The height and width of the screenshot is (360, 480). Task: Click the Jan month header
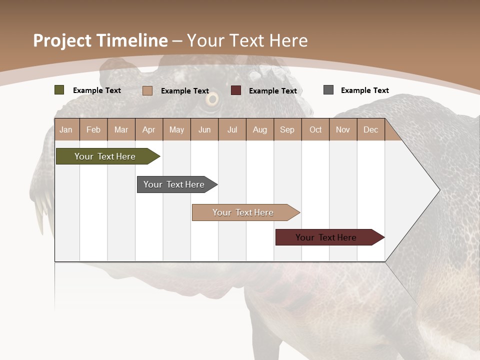[66, 129]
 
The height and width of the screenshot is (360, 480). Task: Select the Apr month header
[149, 129]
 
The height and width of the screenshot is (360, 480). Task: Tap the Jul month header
[232, 129]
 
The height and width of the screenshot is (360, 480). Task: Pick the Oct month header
[315, 129]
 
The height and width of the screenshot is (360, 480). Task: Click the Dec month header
[370, 129]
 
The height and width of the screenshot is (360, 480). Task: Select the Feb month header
[93, 129]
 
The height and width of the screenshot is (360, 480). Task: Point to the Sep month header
[287, 129]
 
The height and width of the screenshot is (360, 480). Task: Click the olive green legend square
[59, 90]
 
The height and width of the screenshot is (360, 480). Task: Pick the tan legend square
[147, 90]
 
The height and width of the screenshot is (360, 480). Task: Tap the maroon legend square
[236, 90]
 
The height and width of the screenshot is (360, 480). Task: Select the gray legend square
[328, 90]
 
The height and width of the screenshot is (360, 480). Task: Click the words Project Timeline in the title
[100, 40]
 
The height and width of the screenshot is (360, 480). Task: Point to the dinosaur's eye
[212, 99]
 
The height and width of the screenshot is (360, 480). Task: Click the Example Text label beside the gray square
[364, 90]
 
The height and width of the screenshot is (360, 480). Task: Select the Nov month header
[343, 129]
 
